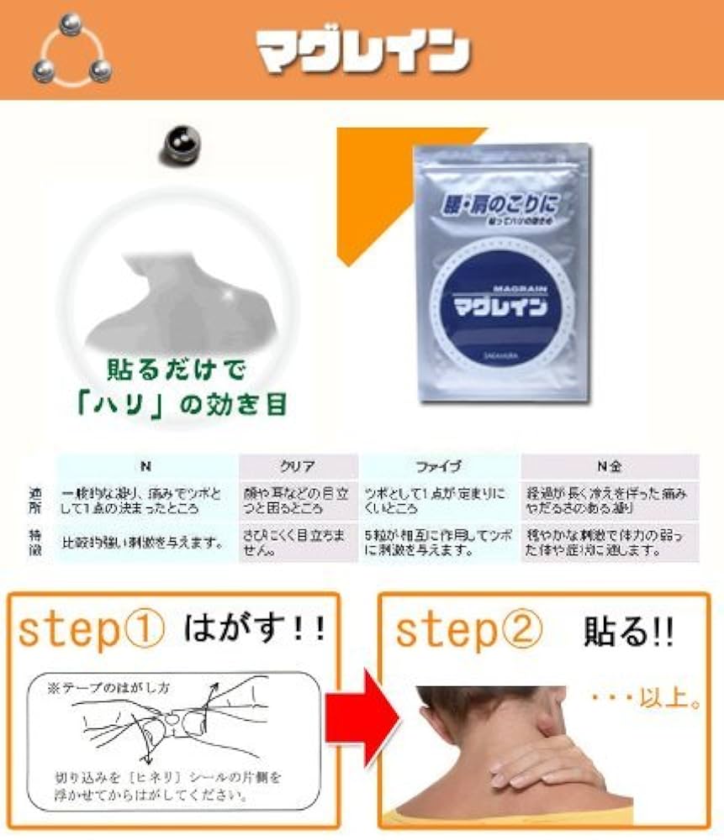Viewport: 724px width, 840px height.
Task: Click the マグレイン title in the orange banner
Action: pos(362,51)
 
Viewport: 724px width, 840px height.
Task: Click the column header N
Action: pos(146,466)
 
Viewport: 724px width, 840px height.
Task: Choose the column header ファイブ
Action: pos(438,466)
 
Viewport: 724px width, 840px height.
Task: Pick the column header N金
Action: pos(609,466)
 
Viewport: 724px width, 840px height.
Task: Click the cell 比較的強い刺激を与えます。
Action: pos(146,543)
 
